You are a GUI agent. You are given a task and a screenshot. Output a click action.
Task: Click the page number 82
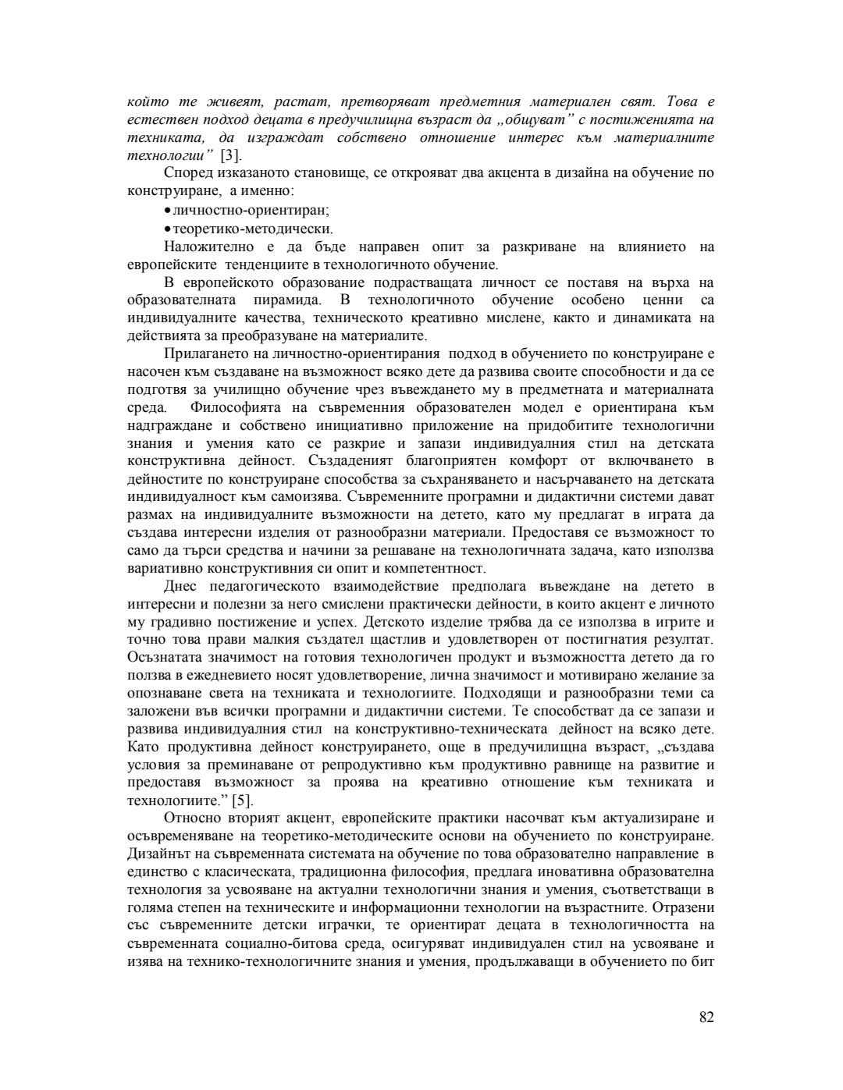[706, 1017]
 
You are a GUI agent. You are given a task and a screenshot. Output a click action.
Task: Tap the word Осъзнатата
[162, 658]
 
